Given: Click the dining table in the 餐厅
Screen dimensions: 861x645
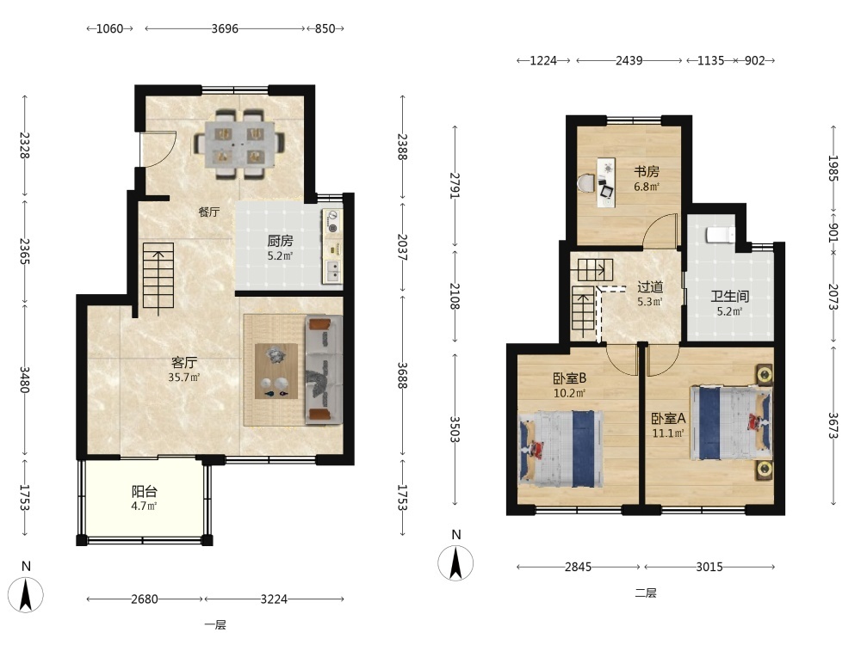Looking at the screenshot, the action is point(239,144).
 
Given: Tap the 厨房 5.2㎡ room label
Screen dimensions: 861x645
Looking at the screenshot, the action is point(280,247).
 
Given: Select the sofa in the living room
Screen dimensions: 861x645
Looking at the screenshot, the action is point(324,370).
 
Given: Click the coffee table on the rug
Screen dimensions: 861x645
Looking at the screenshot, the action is point(276,371).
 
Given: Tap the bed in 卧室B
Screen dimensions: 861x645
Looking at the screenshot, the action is point(561,449).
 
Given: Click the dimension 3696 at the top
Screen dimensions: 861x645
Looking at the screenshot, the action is point(225,28).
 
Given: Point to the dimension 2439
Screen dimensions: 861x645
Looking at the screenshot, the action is point(629,60).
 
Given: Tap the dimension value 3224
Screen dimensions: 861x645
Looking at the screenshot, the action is point(274,599).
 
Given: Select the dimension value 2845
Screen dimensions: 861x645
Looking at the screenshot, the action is point(579,567).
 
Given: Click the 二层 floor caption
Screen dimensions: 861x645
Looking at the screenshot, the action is point(646,593).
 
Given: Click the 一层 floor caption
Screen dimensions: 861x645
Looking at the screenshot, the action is point(215,624).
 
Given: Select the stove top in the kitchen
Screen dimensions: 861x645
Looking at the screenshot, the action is point(331,222).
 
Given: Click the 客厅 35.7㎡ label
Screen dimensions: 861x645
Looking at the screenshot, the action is point(184,369).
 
